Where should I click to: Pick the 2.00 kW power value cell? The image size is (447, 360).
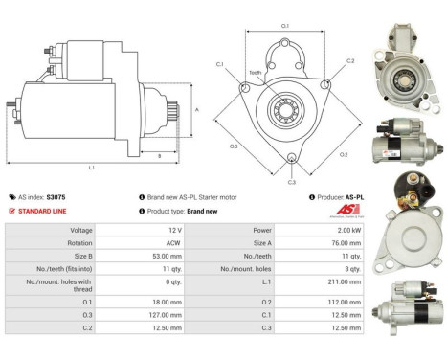[309, 230]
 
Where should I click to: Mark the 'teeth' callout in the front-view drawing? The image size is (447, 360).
[256, 72]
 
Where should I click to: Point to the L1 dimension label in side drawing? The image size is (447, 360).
[92, 169]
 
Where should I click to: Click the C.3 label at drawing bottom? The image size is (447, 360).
[291, 182]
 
